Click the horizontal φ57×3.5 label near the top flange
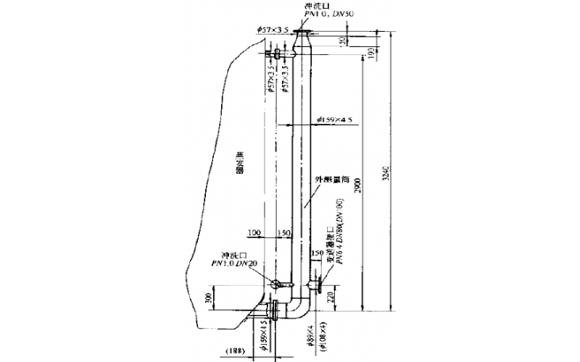[273, 29]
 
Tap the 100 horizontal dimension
[253, 232]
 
